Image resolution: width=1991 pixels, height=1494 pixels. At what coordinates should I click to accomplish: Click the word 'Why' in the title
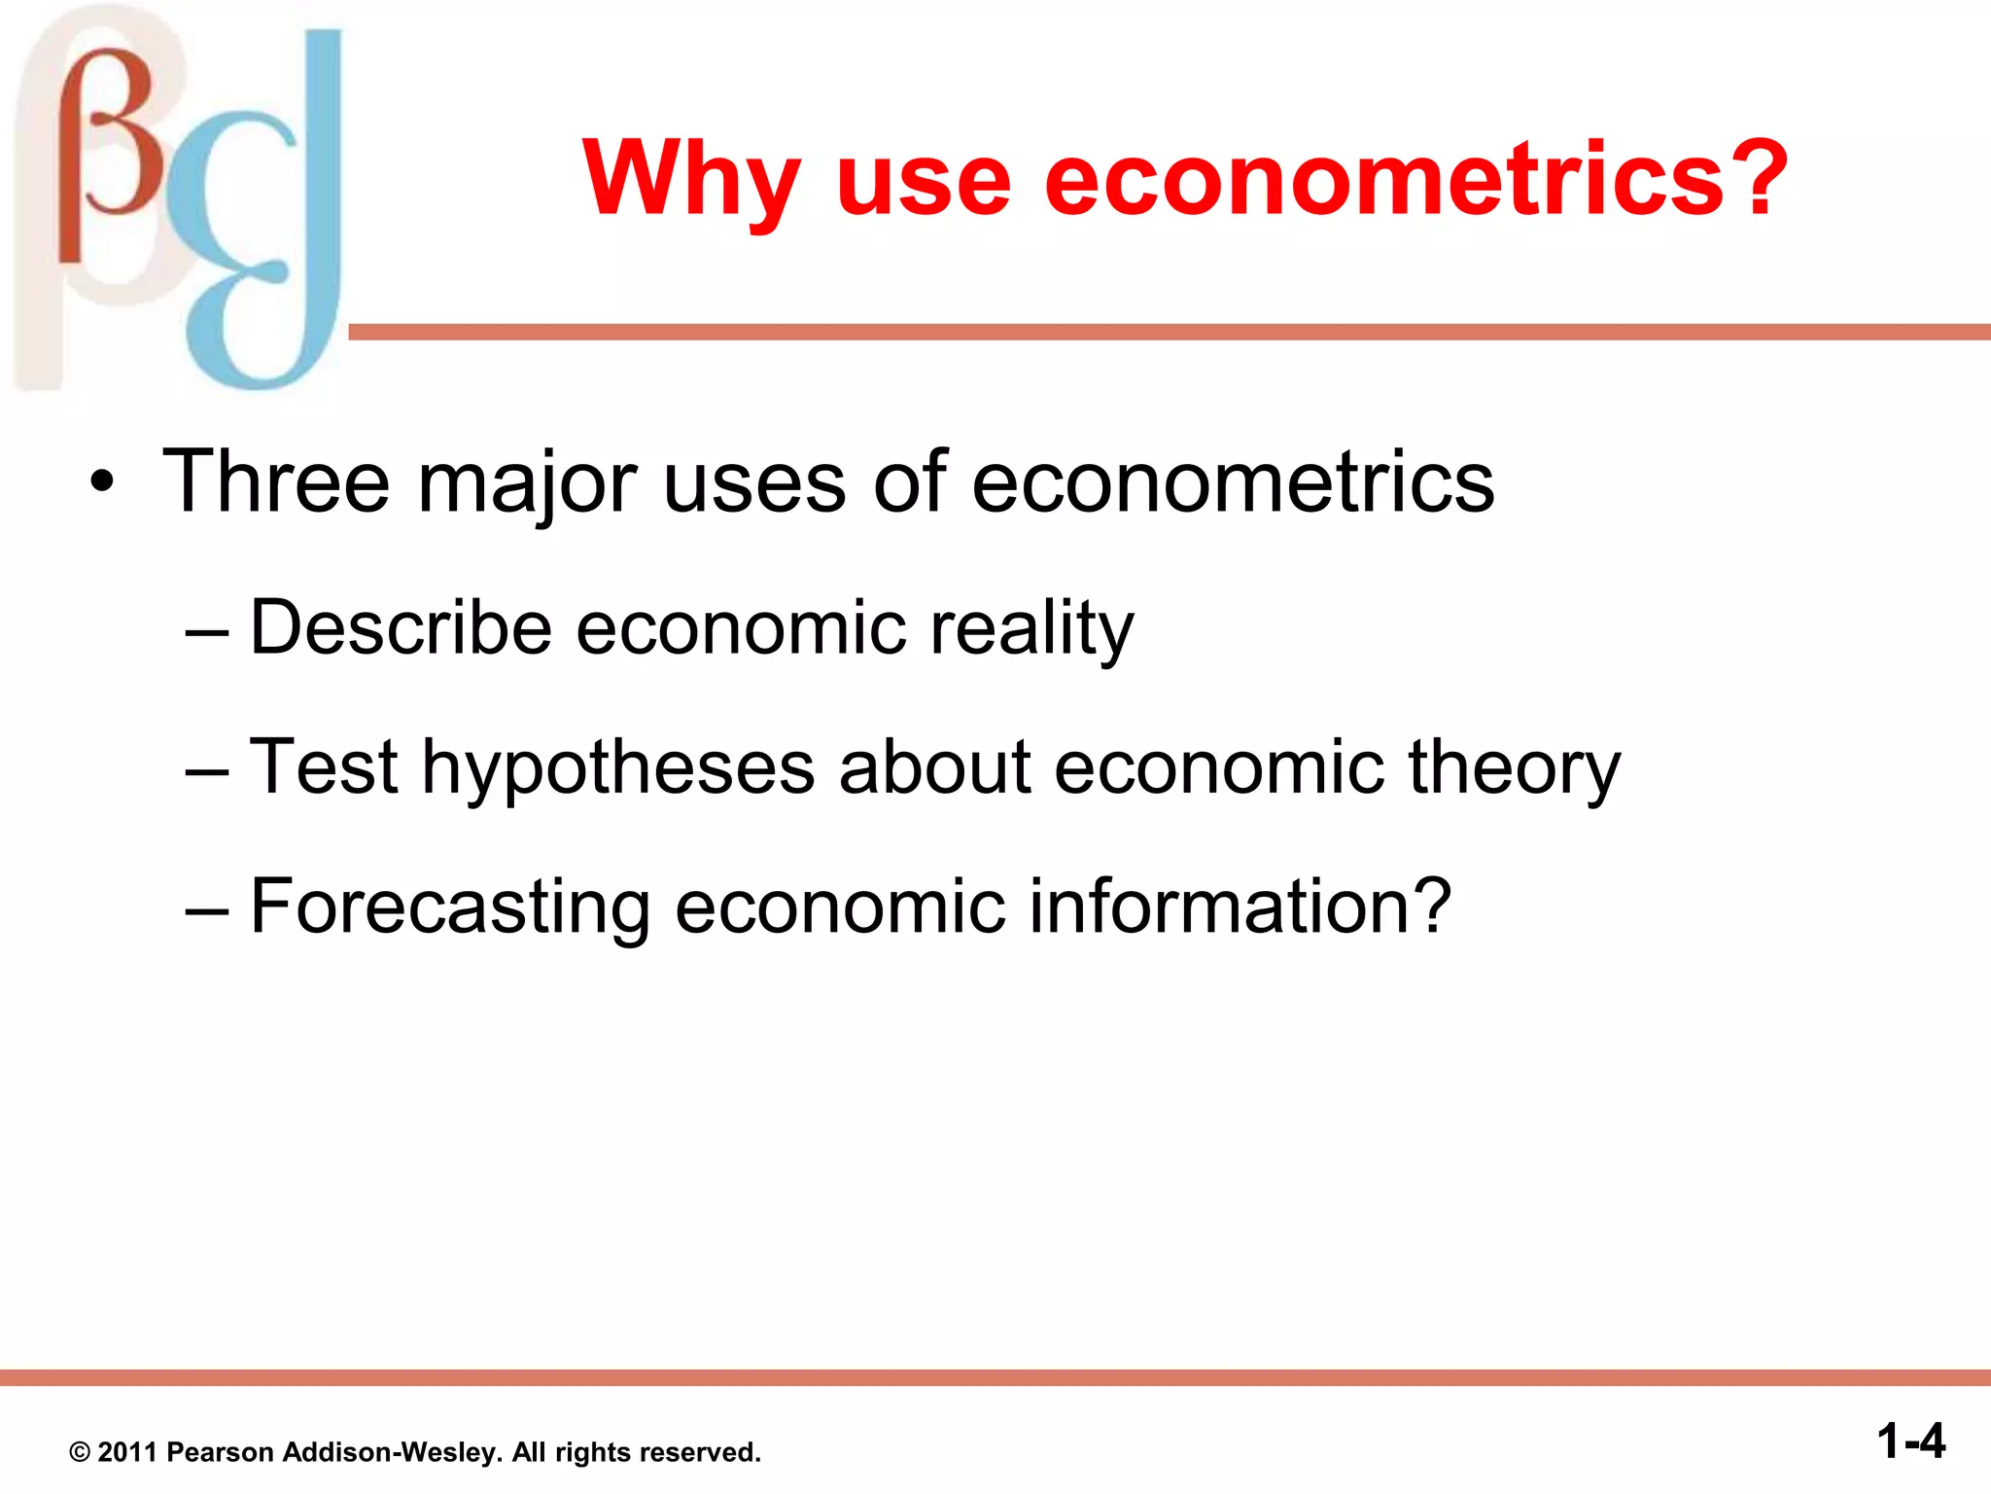[691, 180]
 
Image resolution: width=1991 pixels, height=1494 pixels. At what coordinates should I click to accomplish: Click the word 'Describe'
[401, 627]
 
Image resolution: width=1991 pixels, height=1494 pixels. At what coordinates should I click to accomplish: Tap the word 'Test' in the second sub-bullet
[324, 766]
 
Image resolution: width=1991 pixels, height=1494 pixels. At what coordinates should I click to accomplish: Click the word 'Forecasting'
[450, 907]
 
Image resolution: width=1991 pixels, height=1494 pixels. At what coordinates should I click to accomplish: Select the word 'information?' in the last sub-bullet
[1240, 906]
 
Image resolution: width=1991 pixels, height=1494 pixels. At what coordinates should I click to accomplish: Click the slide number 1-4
[1910, 1441]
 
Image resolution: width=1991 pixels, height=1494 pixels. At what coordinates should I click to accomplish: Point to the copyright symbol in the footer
[80, 1453]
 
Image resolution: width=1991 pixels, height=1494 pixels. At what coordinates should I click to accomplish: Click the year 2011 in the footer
[127, 1452]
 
